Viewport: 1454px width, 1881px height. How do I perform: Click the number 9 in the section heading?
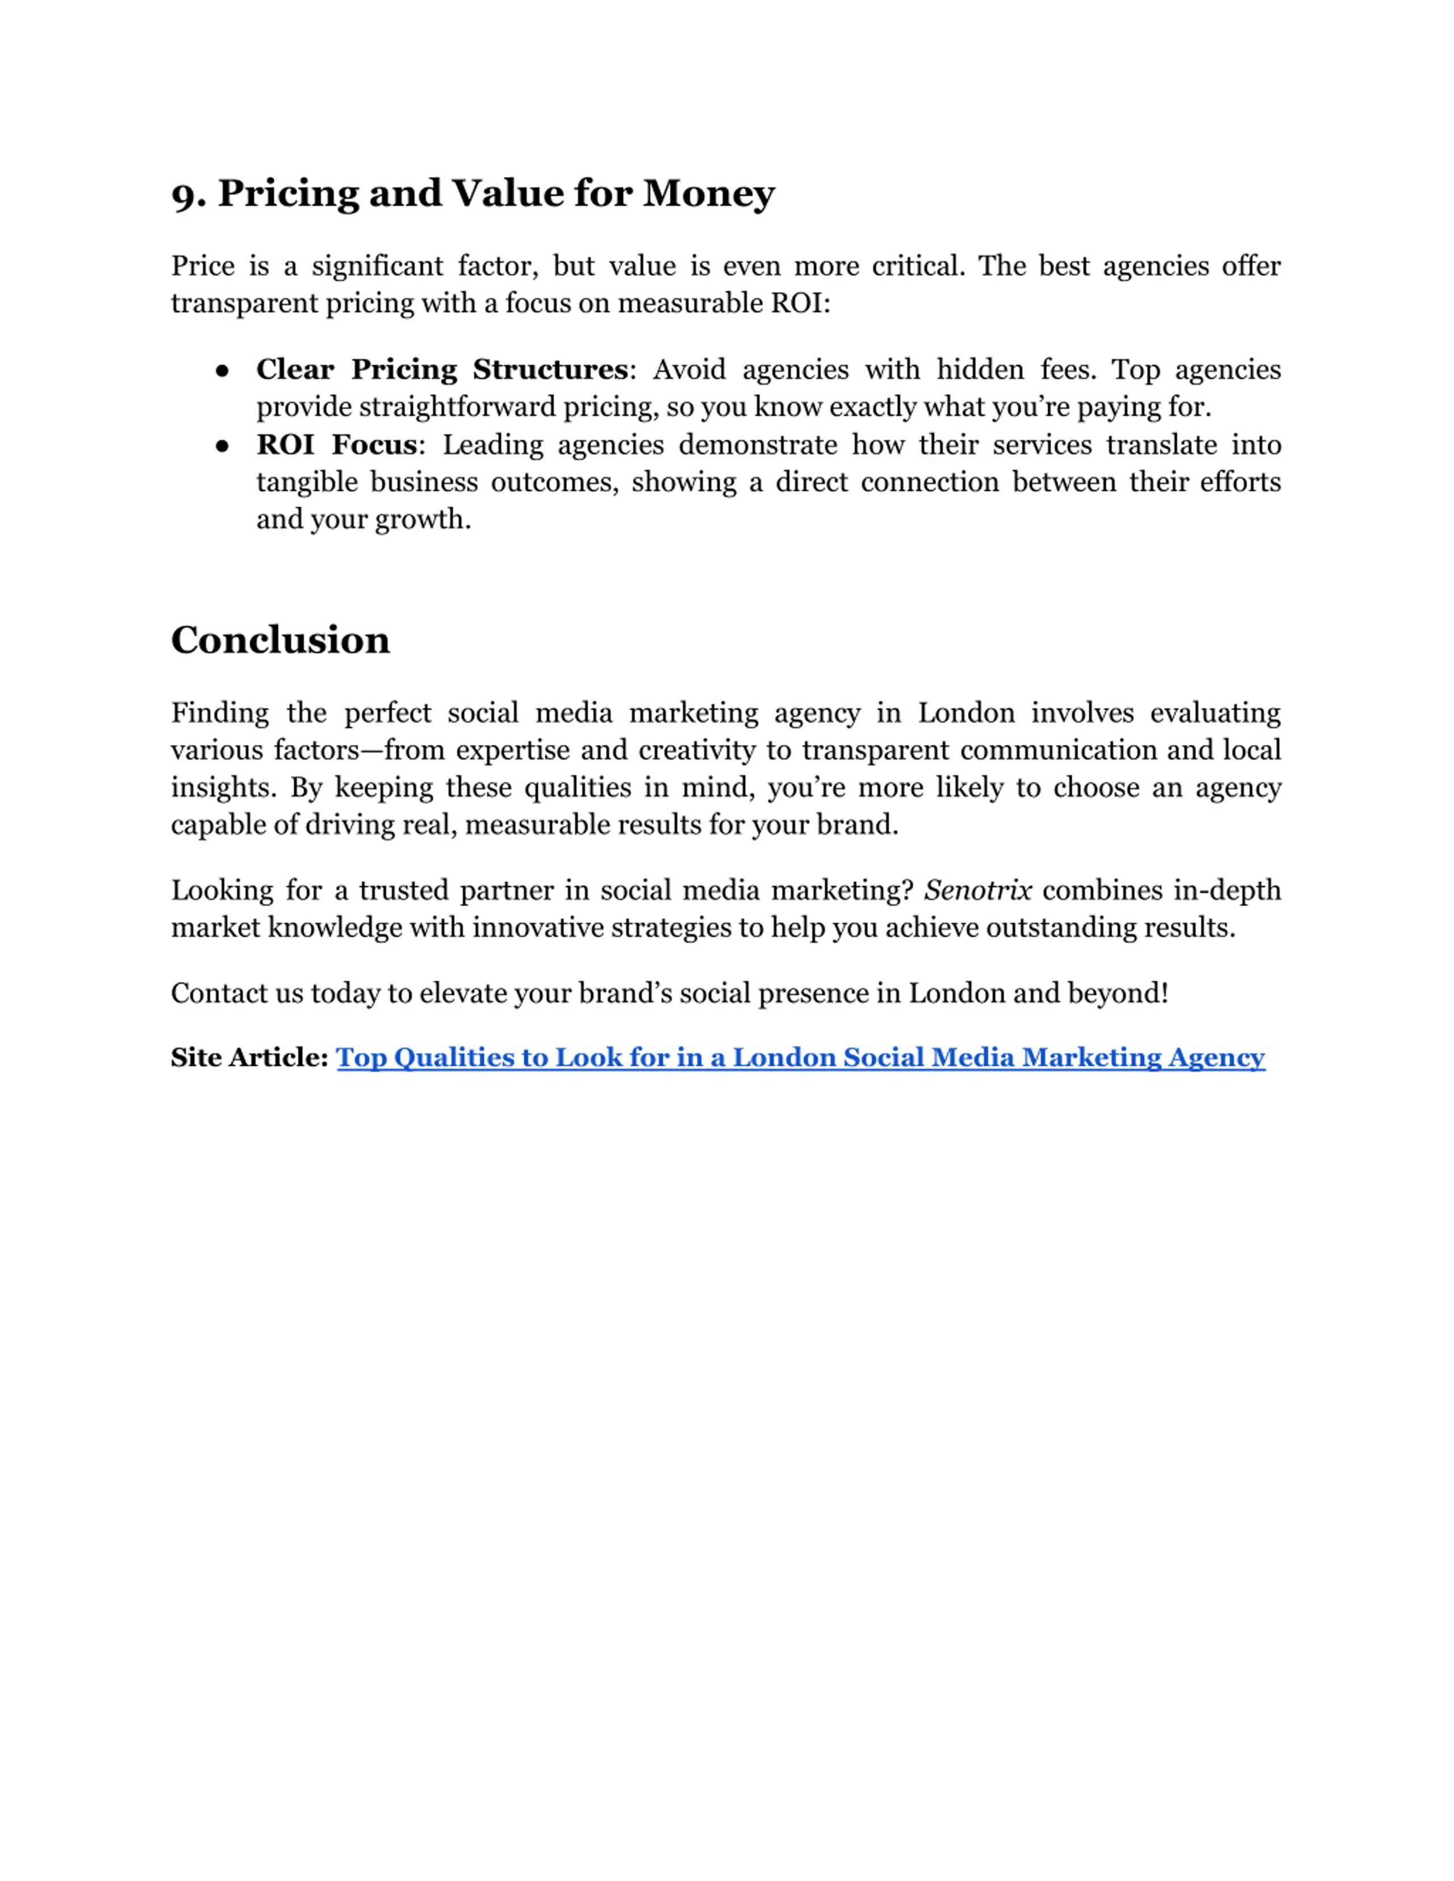183,195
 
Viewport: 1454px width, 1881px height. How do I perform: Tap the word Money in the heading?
708,193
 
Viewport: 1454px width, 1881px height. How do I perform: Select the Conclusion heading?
280,640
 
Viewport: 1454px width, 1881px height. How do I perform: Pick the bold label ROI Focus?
336,445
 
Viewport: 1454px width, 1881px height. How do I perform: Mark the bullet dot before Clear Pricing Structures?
222,370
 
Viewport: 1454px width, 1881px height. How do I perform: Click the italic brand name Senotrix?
977,890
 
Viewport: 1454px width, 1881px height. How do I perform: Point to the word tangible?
306,482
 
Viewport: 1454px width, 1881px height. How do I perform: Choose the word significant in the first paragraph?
377,266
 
